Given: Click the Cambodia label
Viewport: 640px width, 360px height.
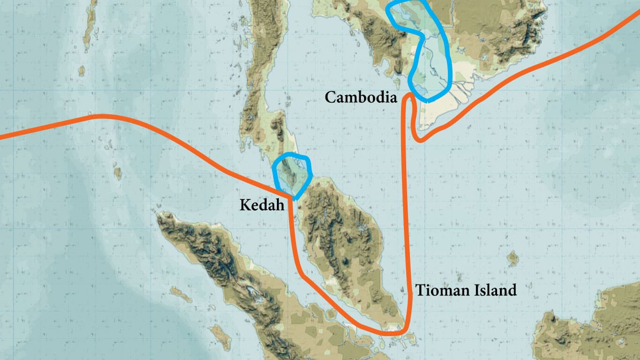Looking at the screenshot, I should click(361, 97).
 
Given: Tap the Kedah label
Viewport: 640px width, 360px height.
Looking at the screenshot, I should click(262, 205).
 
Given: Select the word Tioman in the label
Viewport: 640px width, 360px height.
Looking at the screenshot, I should click(441, 291).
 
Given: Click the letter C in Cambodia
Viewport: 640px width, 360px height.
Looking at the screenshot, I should click(330, 97).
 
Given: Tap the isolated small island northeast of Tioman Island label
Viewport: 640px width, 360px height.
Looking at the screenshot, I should click(513, 257).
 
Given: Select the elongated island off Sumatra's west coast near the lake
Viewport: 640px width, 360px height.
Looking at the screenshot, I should click(180, 294).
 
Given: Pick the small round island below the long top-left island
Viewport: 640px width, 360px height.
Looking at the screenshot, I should click(82, 71).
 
